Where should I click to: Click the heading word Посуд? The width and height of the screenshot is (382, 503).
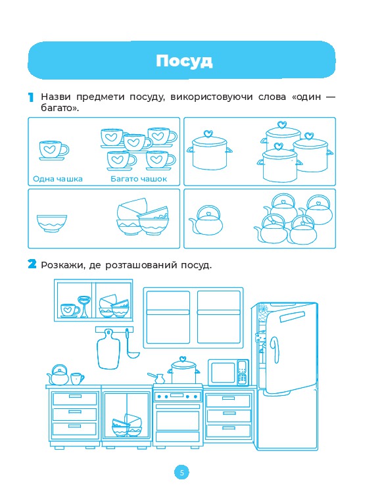click(184, 61)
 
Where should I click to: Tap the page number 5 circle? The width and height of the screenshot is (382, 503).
click(182, 473)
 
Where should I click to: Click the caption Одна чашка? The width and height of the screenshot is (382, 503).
click(58, 179)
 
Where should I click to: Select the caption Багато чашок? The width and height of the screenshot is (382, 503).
click(139, 179)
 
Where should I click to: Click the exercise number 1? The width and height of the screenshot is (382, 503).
click(31, 97)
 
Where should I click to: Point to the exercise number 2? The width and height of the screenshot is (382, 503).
click(32, 264)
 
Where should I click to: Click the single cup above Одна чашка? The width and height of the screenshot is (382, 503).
click(54, 150)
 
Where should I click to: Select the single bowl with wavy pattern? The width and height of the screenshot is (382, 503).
click(52, 224)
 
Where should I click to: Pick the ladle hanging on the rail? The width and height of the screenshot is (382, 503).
click(131, 345)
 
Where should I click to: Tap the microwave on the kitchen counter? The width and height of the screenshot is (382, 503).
click(228, 372)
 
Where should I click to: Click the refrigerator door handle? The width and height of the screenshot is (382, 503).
click(275, 350)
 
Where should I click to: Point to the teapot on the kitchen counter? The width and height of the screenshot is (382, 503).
click(59, 375)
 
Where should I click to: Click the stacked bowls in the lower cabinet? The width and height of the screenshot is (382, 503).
click(127, 425)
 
